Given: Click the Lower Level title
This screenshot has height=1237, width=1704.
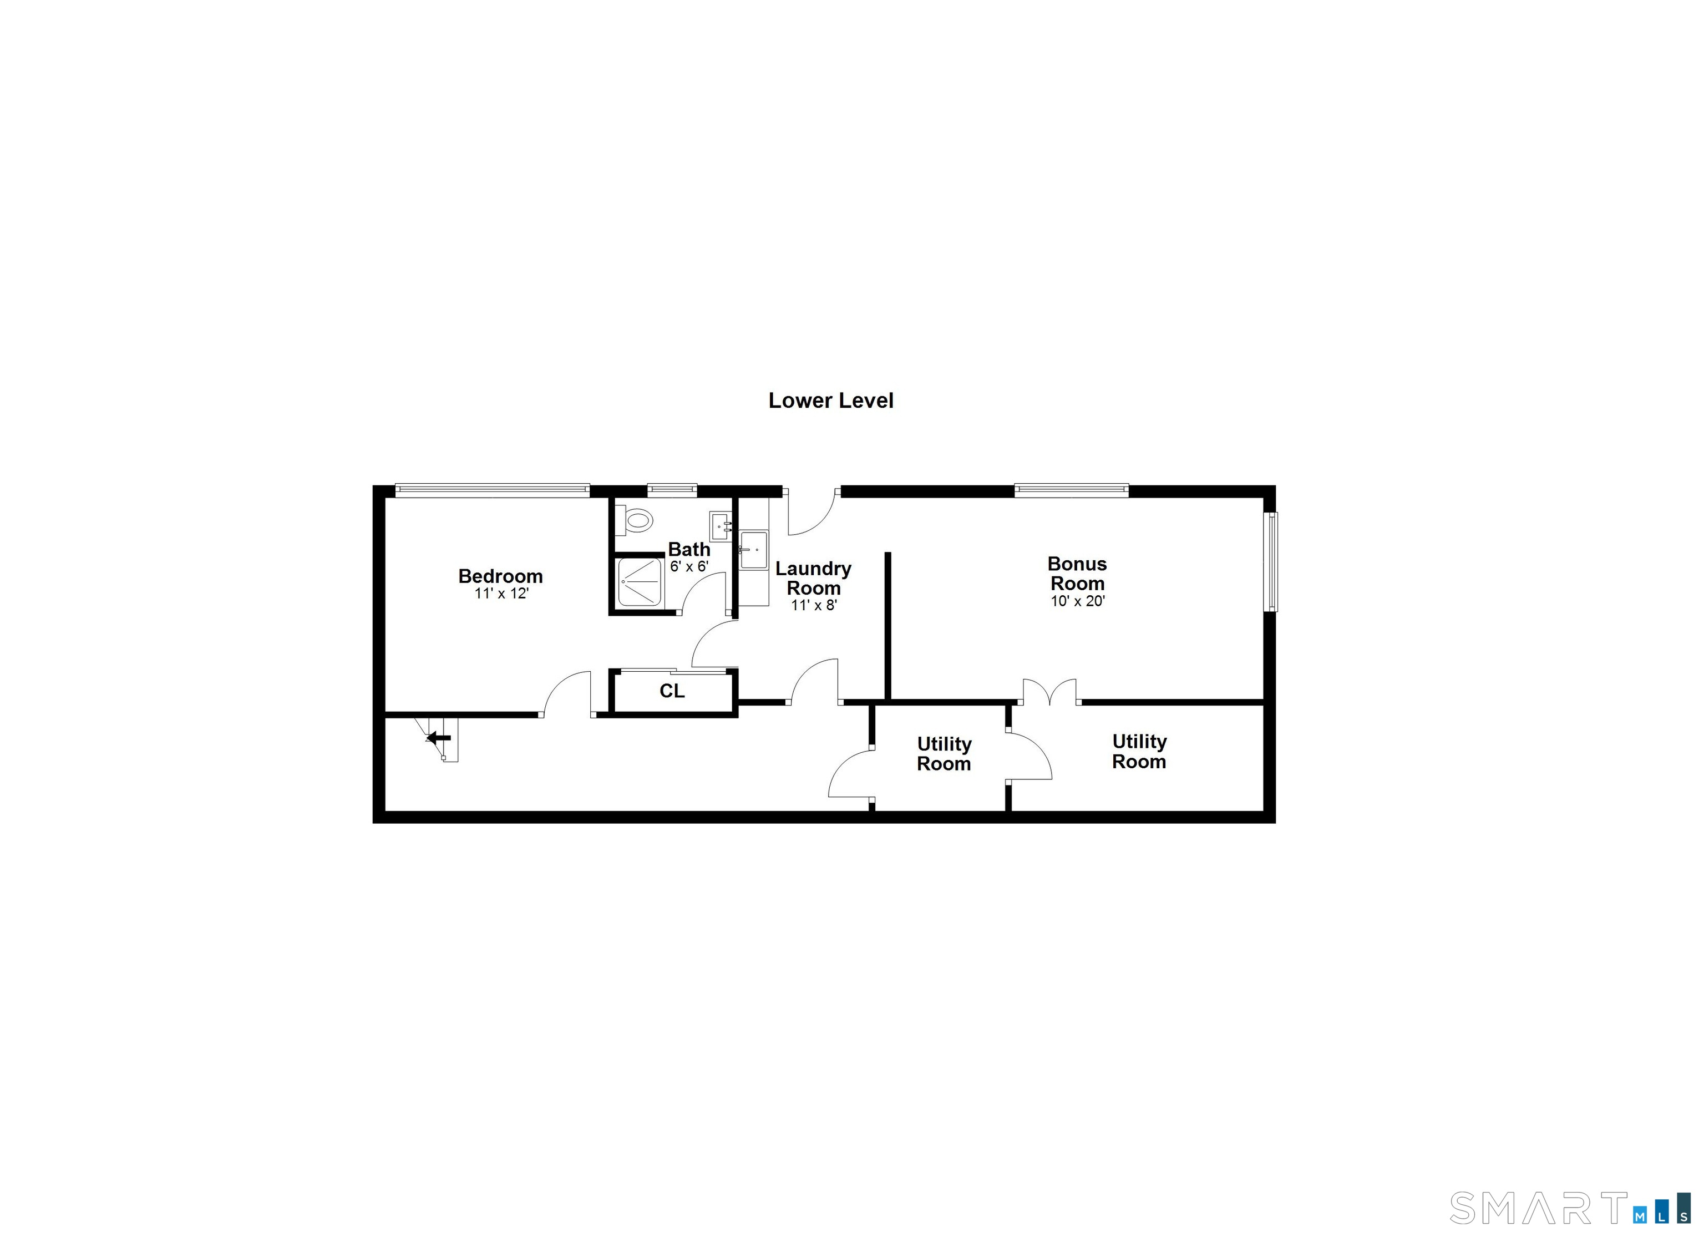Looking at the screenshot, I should (830, 400).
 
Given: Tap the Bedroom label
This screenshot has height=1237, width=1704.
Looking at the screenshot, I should (500, 576).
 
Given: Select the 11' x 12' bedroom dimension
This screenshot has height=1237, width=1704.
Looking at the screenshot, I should (501, 594).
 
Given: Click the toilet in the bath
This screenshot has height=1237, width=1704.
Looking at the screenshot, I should (636, 520).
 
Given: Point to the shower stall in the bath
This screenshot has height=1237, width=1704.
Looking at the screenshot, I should (640, 582).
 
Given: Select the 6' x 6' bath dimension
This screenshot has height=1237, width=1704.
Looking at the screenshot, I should (689, 566).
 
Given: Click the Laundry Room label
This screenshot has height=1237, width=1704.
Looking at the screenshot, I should (813, 578).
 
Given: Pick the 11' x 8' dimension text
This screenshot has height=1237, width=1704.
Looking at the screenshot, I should (814, 605).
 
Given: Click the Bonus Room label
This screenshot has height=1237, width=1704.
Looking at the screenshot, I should (1077, 574).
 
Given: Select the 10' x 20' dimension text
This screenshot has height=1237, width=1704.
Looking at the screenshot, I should (1077, 601).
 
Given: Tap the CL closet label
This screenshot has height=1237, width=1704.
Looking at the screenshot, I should (672, 691).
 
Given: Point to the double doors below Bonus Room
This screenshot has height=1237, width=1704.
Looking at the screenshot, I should (1049, 693).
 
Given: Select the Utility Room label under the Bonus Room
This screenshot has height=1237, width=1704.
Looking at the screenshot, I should (1139, 752).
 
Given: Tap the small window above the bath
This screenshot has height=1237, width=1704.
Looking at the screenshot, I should (672, 490).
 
